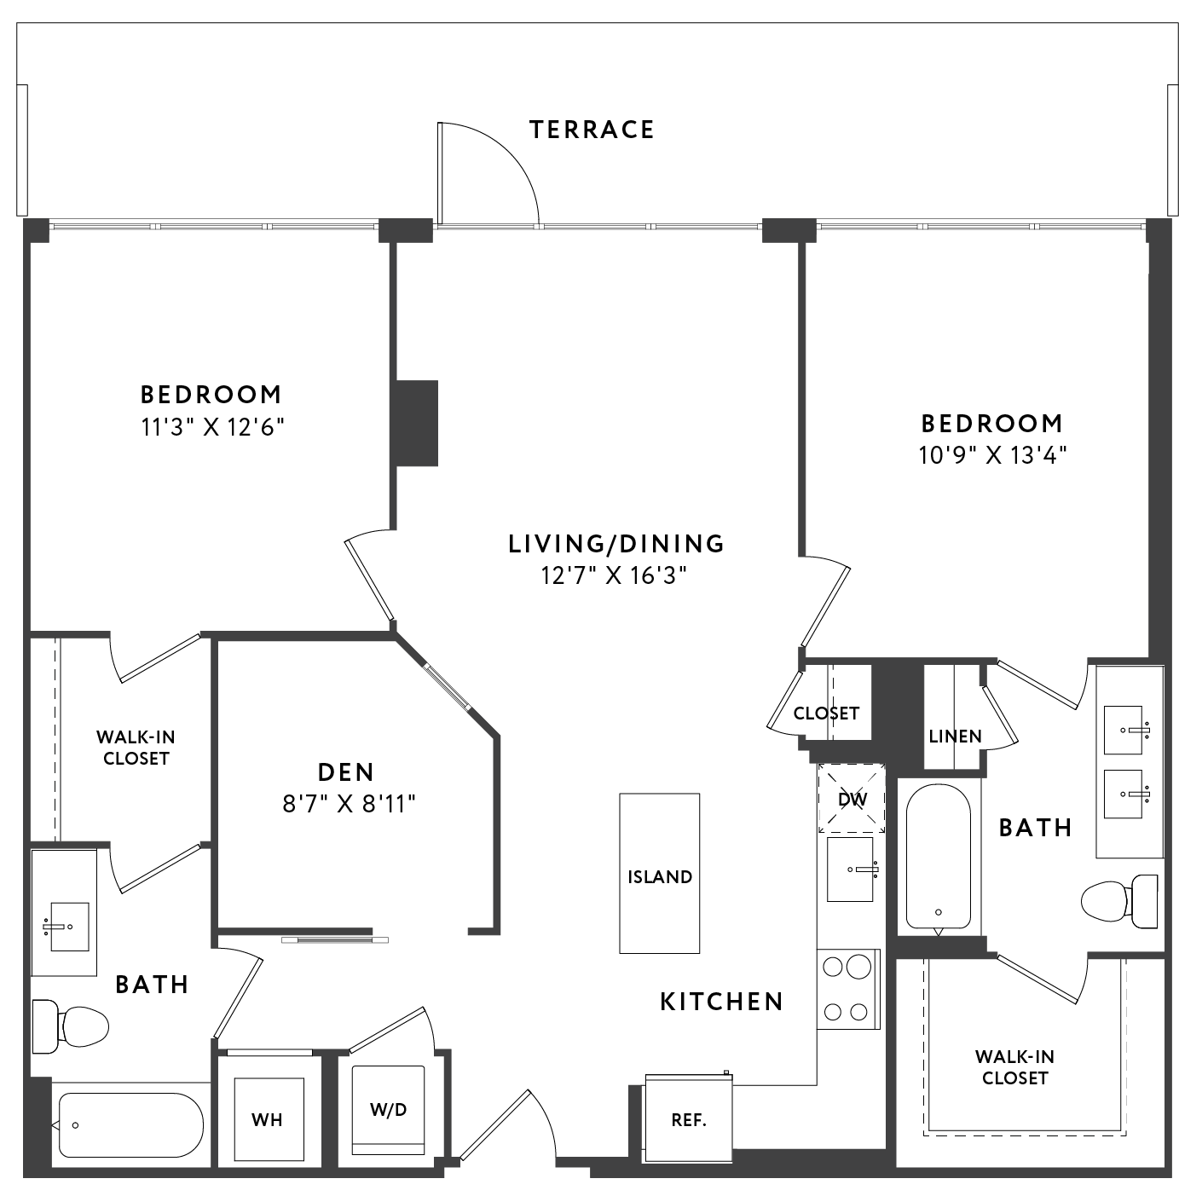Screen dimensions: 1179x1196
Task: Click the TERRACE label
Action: click(592, 130)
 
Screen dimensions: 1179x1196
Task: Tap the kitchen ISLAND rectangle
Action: click(659, 873)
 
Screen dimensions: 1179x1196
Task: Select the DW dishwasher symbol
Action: click(851, 799)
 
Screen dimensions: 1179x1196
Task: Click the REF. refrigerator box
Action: click(689, 1119)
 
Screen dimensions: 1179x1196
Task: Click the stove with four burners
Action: click(848, 990)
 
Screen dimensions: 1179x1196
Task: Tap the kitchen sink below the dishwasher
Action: click(850, 870)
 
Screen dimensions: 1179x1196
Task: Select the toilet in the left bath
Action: click(70, 1026)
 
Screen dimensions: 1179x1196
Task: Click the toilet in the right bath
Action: click(1119, 901)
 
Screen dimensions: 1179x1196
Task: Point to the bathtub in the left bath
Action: click(131, 1125)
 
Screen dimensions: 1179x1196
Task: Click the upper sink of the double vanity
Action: click(1123, 730)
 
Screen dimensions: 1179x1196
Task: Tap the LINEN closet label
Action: click(955, 737)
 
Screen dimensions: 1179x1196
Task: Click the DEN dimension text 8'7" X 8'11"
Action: click(349, 805)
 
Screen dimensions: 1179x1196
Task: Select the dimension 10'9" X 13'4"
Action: click(992, 455)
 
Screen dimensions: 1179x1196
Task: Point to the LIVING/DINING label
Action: click(616, 544)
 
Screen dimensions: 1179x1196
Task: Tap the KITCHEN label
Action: click(721, 1002)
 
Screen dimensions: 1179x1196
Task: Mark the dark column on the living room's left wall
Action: click(417, 424)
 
